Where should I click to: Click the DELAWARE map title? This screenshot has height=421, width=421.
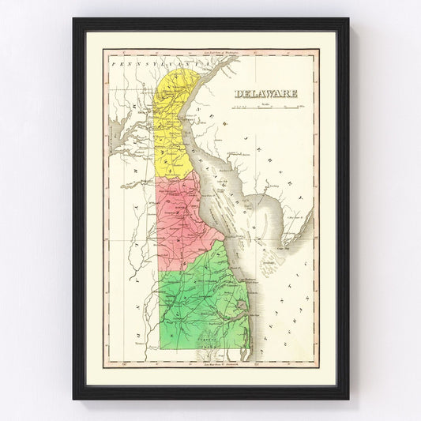pos(265,93)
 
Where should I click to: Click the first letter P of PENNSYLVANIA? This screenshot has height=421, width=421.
pos(114,60)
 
